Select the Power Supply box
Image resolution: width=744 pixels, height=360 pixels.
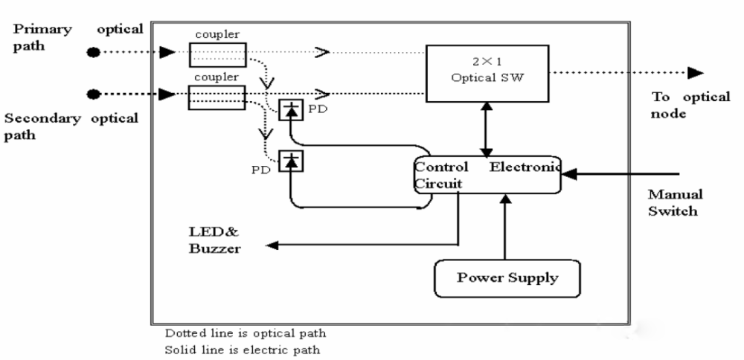coord(507,279)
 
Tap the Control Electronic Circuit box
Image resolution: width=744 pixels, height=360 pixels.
coord(487,175)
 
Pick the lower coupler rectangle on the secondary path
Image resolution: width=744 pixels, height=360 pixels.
coord(217,96)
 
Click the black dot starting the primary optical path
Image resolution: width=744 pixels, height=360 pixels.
coord(93,53)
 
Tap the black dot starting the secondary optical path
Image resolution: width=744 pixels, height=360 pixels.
coord(93,94)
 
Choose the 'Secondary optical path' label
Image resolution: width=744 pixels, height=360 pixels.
coord(71,126)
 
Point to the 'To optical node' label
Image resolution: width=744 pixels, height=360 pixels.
coord(690,105)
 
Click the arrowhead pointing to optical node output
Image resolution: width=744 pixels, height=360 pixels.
coord(695,73)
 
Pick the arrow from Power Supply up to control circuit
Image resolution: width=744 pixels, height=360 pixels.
coord(507,227)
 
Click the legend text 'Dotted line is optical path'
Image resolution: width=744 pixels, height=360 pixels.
coord(245,333)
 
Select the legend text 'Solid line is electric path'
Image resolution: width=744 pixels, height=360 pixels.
coord(243,349)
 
